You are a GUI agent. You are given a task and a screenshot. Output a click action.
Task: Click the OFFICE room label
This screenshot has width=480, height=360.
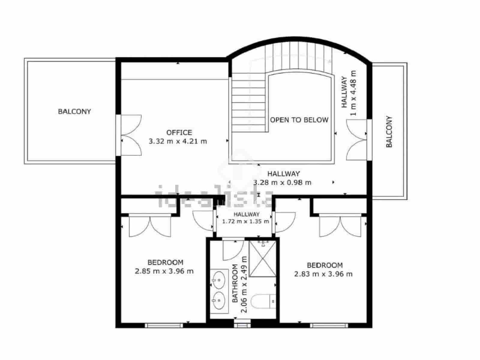coord(179,132)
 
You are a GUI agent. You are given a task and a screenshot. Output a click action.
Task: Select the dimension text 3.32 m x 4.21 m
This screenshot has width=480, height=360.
coord(178,141)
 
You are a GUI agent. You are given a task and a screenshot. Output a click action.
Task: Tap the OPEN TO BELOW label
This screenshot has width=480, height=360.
coord(299,120)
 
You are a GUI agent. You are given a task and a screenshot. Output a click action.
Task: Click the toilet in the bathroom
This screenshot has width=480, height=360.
coord(263,301)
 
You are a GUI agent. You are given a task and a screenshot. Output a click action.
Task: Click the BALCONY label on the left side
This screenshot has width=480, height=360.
coord(74,112)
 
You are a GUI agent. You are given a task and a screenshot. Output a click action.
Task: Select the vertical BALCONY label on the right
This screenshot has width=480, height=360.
coord(389,131)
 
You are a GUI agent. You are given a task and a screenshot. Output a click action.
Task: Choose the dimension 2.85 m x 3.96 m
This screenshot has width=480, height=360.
coord(164,271)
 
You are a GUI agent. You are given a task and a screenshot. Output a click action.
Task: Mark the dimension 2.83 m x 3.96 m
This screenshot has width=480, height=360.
coord(323,274)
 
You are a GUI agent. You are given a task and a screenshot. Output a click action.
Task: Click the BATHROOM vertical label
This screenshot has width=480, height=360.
coord(235,283)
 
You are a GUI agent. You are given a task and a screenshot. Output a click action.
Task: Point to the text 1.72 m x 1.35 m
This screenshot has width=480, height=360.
coord(246,222)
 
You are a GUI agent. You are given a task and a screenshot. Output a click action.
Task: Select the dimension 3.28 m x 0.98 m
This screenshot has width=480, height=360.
coord(282,182)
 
